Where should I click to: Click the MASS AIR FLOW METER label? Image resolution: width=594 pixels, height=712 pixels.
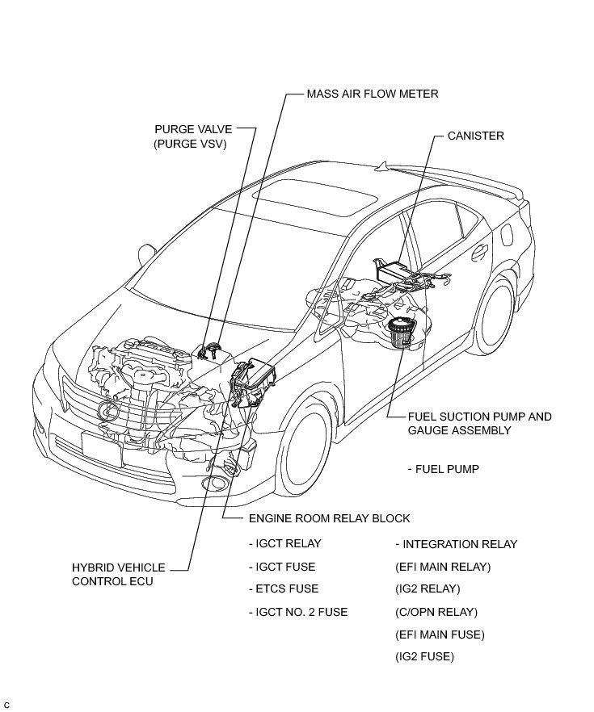click(372, 94)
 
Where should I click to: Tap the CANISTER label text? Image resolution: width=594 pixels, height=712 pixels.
click(475, 136)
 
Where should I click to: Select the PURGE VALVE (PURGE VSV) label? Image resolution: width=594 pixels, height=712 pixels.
click(192, 136)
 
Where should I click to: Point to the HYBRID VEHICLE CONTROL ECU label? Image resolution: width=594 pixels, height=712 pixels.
click(118, 574)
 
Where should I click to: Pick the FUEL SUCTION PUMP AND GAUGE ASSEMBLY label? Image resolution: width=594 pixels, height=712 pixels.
click(479, 424)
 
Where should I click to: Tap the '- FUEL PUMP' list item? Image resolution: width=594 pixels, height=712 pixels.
click(444, 469)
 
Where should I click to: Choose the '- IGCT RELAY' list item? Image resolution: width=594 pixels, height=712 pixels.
click(284, 543)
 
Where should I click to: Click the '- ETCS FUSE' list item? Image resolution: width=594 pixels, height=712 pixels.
click(283, 588)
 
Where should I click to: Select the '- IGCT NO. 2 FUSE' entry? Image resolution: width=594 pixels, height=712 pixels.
click(297, 612)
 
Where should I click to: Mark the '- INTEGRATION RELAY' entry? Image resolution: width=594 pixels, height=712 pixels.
click(456, 544)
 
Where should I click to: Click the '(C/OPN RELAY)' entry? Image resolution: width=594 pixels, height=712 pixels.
click(436, 612)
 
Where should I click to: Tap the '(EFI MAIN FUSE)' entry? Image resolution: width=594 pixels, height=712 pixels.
click(440, 635)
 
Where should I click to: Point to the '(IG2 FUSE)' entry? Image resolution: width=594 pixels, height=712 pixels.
click(424, 657)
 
